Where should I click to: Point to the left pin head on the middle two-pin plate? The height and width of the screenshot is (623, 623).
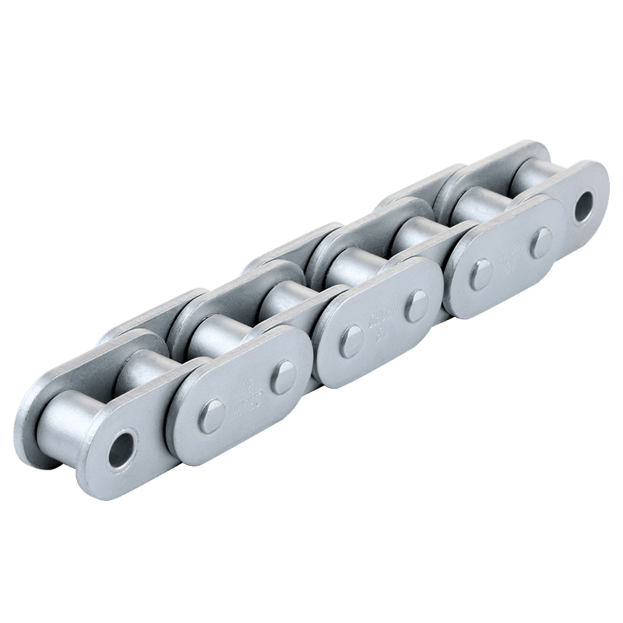pos(350,340)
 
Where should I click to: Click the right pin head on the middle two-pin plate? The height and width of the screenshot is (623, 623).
pos(414,304)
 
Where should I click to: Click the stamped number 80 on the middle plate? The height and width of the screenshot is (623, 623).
pos(384,329)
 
